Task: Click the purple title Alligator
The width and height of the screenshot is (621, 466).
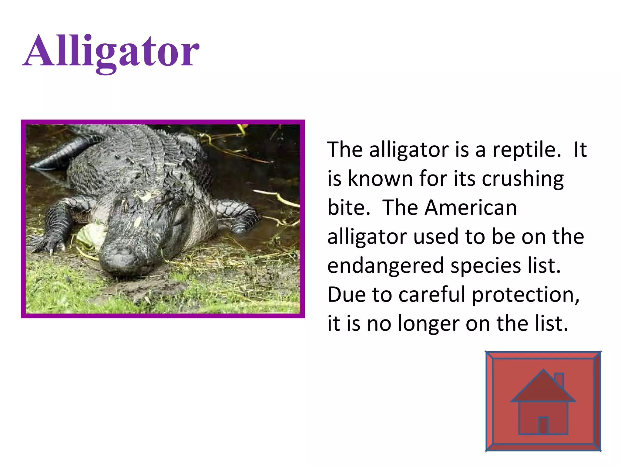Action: pos(111,52)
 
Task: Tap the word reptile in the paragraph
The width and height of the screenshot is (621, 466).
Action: pos(526,150)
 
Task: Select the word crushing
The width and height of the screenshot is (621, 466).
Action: pos(523,179)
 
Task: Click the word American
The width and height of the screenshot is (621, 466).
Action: pos(471,208)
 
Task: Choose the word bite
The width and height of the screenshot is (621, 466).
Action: pos(348,208)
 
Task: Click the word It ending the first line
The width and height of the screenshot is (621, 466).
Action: pos(580,150)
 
